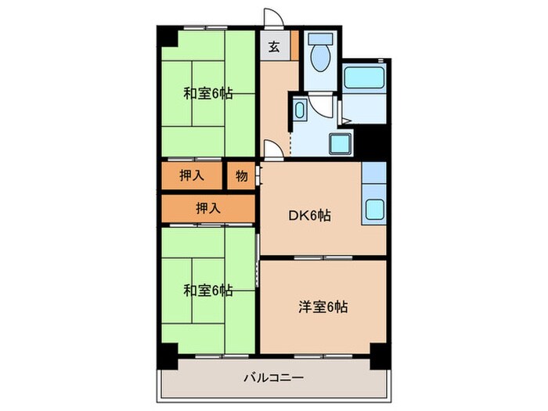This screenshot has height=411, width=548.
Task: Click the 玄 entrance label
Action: point(274,47)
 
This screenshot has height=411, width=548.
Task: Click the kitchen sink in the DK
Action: point(373,209)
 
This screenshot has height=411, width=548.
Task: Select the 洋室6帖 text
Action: point(323,307)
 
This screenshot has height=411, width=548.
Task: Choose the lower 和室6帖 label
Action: point(207,290)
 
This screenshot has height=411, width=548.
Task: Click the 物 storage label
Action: point(242,176)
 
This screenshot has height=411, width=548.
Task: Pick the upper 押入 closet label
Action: point(193,176)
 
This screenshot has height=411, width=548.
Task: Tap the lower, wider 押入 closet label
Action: point(207,207)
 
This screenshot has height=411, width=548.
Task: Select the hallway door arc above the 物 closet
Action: point(269,149)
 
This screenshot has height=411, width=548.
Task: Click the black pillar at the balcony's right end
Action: point(379,355)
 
